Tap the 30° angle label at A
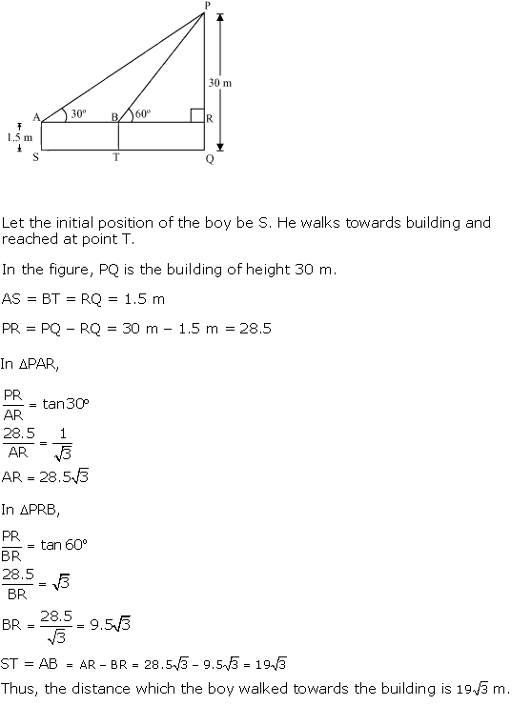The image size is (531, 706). pos(78,112)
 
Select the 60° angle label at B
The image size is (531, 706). pos(144,112)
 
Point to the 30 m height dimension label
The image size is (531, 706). pos(220,83)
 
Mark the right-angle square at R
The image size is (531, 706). pos(196,116)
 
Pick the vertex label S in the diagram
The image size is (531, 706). pos(35,158)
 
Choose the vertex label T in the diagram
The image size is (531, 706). pos(116,158)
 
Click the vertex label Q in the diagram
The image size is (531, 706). pos(209,159)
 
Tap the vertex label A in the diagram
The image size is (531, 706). pos(35,117)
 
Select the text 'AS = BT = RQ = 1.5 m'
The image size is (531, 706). pos(83,298)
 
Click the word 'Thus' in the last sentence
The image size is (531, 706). pos(17,688)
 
